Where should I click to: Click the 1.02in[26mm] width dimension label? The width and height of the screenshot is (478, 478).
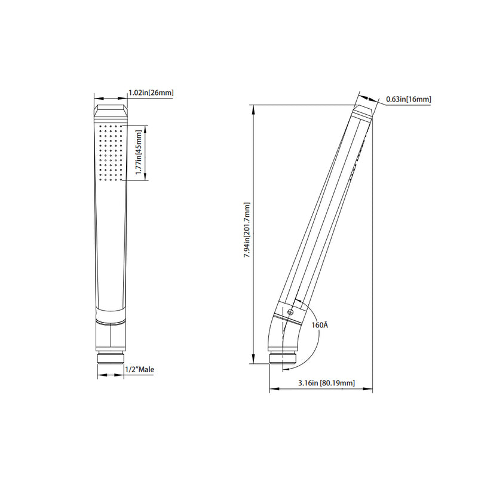pyautogui.click(x=151, y=93)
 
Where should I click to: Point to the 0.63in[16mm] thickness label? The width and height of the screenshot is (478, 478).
pyautogui.click(x=409, y=99)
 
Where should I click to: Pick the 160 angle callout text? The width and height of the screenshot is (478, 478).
pyautogui.click(x=320, y=325)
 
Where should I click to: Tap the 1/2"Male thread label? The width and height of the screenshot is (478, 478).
pyautogui.click(x=139, y=370)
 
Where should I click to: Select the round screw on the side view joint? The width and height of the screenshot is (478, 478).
pyautogui.click(x=290, y=310)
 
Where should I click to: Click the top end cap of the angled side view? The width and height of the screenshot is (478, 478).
pyautogui.click(x=362, y=111)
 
